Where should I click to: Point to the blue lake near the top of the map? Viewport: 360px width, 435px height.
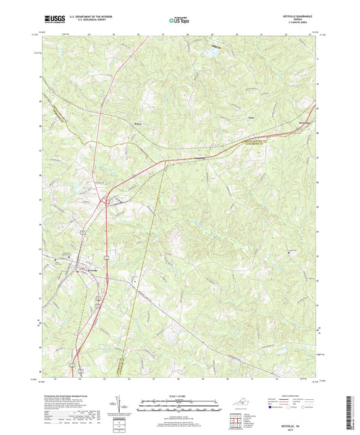[x=211, y=51]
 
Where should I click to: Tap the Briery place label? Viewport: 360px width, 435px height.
[x=138, y=124]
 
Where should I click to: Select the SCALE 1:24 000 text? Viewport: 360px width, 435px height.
[x=180, y=396]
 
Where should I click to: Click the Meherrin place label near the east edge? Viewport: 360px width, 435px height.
[x=306, y=122]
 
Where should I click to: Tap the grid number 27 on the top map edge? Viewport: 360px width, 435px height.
[x=163, y=33]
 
